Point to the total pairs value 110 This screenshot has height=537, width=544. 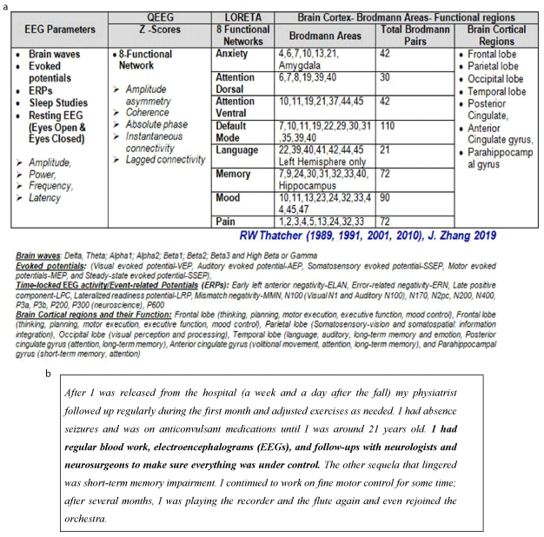[387, 126]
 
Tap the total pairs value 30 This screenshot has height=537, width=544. [384, 77]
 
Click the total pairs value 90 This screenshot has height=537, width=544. [384, 198]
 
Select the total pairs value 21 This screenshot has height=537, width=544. [384, 150]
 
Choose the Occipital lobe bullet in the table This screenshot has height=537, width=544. [496, 79]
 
